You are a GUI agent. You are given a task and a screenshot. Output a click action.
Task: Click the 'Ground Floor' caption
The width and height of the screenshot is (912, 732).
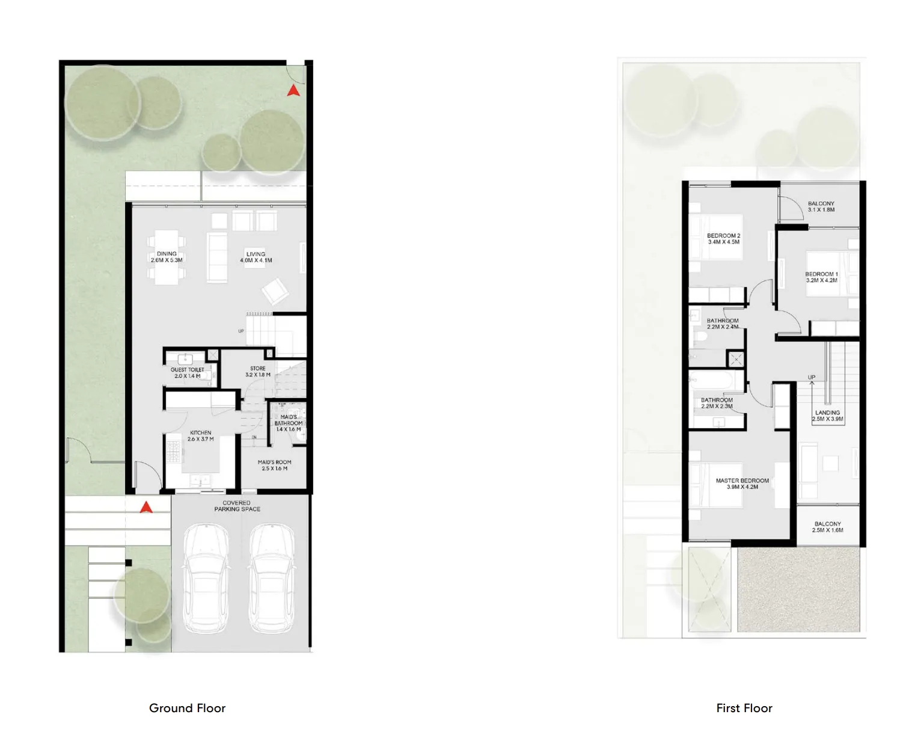click(x=187, y=709)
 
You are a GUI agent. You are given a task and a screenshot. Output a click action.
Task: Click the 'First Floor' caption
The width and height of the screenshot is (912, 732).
click(x=744, y=709)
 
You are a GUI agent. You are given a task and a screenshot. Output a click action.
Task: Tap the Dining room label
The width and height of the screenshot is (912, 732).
click(x=167, y=257)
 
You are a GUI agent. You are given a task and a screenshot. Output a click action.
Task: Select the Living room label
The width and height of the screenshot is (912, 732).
click(x=256, y=257)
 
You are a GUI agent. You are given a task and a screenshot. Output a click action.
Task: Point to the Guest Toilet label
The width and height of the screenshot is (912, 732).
click(x=187, y=373)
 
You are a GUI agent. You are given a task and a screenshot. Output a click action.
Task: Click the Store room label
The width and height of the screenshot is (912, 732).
click(x=258, y=372)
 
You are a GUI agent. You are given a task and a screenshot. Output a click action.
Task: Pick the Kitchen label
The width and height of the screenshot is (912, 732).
click(x=201, y=435)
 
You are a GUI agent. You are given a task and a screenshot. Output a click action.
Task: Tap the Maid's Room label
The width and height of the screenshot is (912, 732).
click(x=274, y=465)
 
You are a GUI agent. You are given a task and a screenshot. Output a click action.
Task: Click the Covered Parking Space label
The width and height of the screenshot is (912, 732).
click(x=237, y=506)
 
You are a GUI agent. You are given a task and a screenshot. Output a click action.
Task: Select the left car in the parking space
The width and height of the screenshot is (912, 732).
click(x=206, y=578)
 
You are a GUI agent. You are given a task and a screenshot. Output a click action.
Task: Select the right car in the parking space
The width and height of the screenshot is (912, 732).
click(x=271, y=578)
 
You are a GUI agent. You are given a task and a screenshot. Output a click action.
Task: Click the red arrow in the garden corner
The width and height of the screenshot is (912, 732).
click(x=293, y=91)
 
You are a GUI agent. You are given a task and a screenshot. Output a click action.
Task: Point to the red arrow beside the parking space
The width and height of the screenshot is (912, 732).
click(x=145, y=507)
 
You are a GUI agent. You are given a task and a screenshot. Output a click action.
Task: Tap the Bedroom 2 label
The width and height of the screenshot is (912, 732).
click(x=723, y=239)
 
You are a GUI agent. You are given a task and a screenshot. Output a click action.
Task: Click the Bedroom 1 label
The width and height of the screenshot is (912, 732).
click(x=821, y=277)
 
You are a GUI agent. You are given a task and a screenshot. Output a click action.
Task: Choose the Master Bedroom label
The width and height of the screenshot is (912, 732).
click(x=742, y=484)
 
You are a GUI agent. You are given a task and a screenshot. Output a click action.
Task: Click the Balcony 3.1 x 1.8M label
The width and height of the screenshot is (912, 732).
click(x=821, y=206)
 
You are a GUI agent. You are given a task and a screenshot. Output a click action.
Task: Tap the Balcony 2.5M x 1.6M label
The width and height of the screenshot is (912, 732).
click(x=828, y=527)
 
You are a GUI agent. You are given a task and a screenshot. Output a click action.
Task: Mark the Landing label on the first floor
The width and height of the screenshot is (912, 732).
click(x=828, y=416)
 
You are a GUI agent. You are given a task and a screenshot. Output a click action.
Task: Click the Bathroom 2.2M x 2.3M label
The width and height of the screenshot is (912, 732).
click(x=717, y=403)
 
